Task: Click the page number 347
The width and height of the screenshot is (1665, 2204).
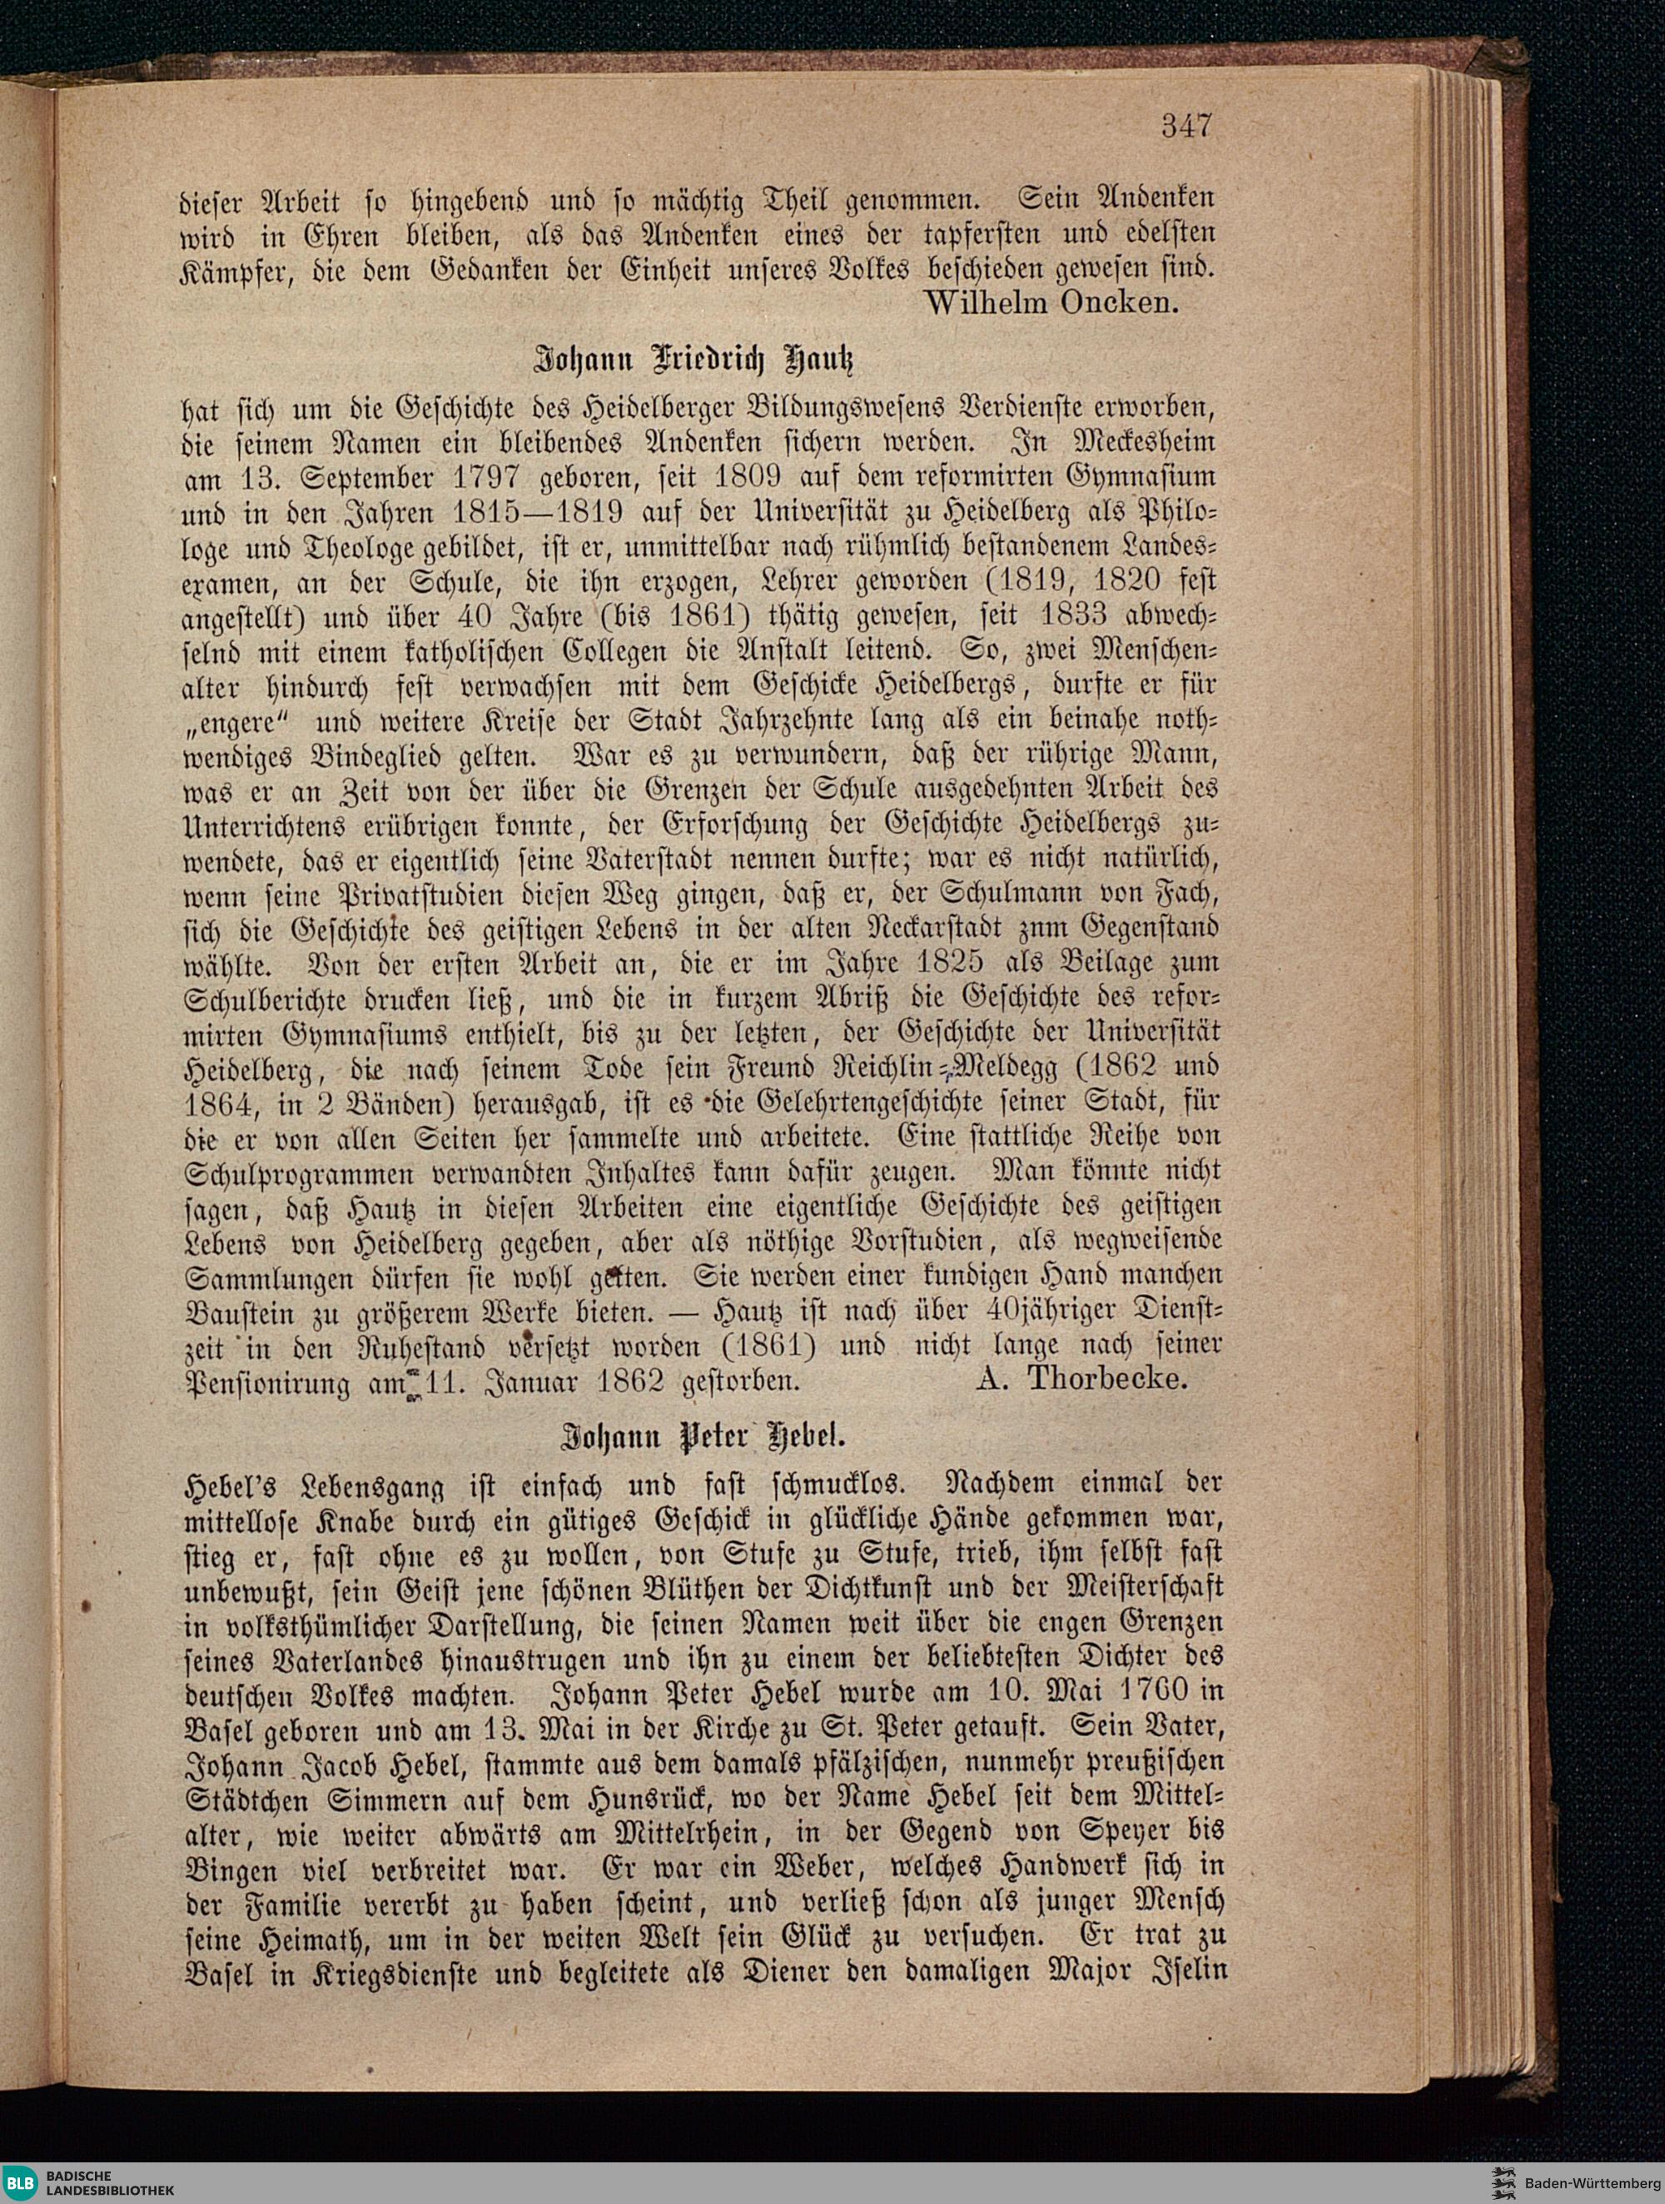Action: pos(1185,127)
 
